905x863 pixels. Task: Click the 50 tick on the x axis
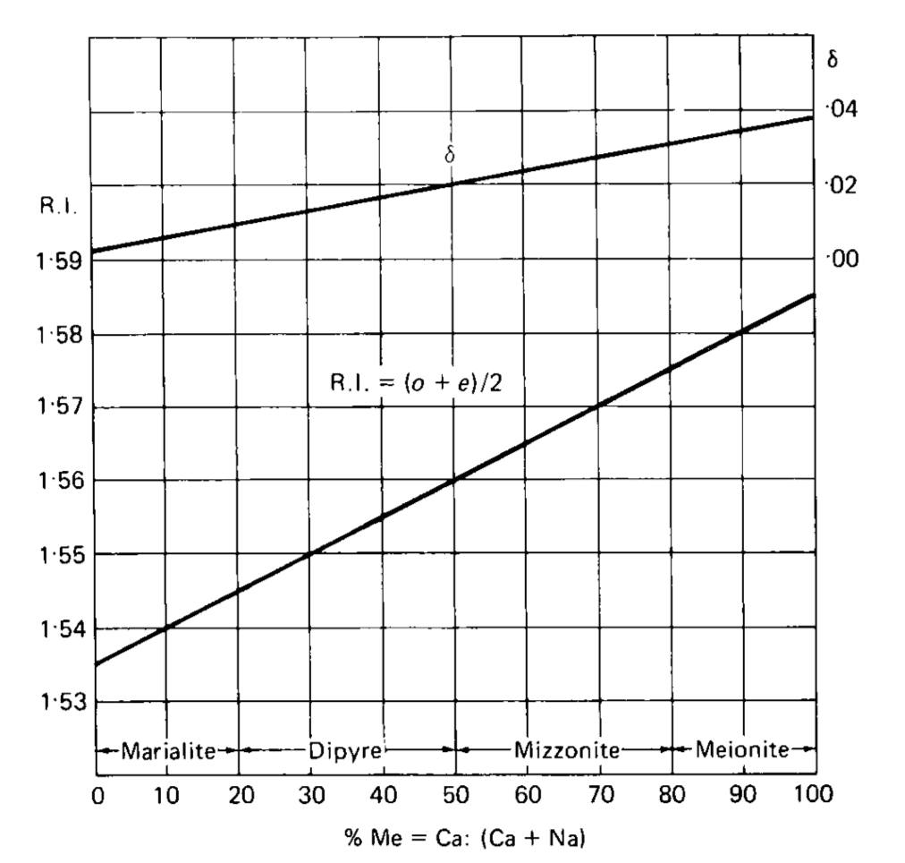click(455, 795)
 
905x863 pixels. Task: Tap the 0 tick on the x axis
click(95, 795)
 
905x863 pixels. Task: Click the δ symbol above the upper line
click(450, 155)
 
